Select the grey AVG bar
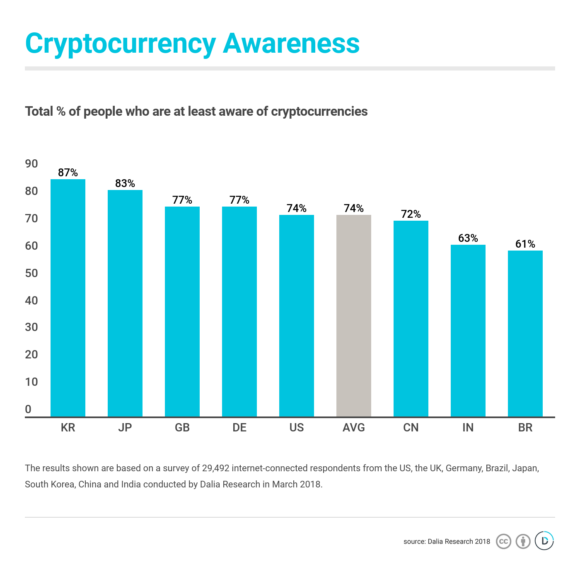coord(354,315)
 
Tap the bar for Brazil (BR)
coord(525,334)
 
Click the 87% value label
coord(68,173)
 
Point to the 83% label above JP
coord(125,183)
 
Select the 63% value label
coord(468,238)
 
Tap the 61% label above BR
coord(525,244)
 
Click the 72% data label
coord(411,214)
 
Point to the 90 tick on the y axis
coord(31,164)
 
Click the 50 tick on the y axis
coord(31,273)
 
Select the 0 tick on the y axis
coord(28,409)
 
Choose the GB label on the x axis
coord(182,428)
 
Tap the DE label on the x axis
coord(239,428)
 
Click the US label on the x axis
coord(297,428)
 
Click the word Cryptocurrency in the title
coord(121,44)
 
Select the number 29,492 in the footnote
coord(215,468)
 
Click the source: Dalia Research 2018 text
coord(447,541)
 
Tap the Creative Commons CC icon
coord(503,541)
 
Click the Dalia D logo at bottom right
coord(544,541)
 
